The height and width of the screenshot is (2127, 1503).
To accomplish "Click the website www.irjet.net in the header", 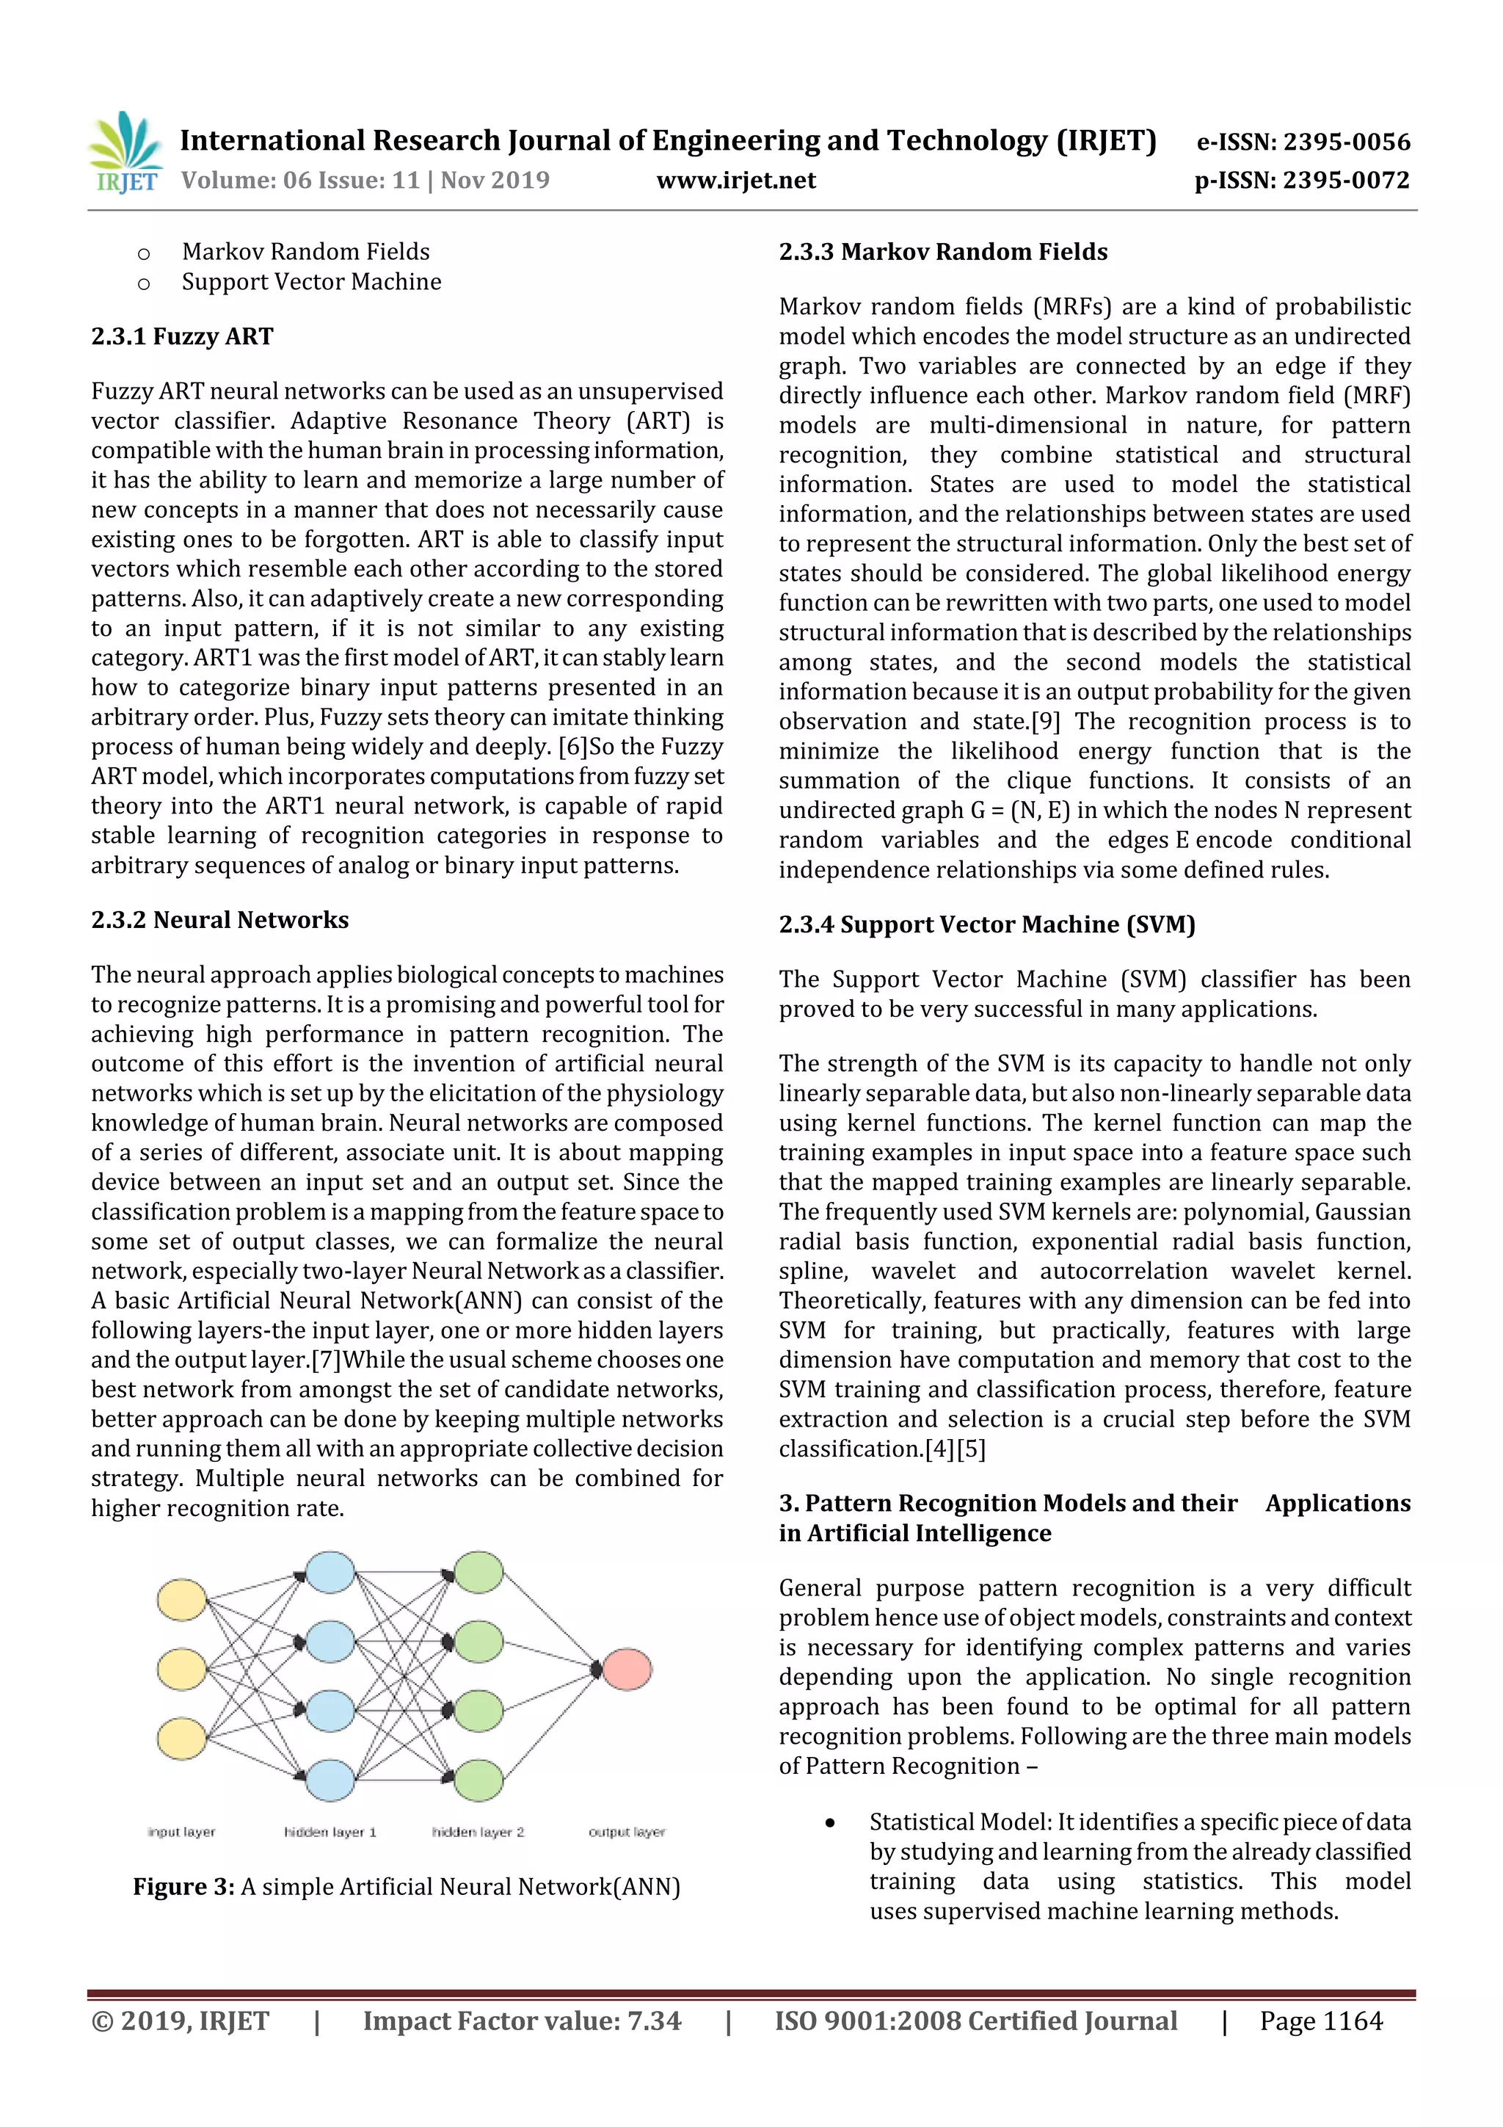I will (736, 181).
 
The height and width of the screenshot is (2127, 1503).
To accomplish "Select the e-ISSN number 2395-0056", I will (1347, 142).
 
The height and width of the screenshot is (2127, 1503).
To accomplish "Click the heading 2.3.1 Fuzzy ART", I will (183, 336).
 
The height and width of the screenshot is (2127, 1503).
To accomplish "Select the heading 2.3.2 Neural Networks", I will (219, 920).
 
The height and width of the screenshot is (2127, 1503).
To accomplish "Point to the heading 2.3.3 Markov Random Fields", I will (943, 252).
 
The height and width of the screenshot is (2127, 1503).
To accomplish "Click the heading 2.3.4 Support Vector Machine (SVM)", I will (986, 924).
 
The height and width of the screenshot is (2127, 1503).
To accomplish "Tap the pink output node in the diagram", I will (627, 1670).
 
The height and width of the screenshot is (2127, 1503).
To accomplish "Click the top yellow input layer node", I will (181, 1600).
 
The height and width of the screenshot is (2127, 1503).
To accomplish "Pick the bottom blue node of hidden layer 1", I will (330, 1780).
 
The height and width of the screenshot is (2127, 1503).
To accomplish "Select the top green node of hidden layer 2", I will (478, 1573).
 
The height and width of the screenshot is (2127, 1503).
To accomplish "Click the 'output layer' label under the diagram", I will (627, 1831).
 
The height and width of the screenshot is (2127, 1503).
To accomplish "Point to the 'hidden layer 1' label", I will (330, 1831).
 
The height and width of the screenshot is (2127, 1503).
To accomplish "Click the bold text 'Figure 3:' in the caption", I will (183, 1887).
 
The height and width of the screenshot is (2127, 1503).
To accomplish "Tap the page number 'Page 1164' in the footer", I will (1320, 2021).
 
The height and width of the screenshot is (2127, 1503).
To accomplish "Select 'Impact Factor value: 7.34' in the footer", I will (521, 2021).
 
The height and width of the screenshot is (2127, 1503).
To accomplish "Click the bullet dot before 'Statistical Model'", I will (831, 1823).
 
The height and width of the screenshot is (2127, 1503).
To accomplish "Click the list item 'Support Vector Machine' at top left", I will (311, 282).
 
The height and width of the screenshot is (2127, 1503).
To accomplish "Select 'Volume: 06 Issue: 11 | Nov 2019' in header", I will (365, 181).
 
